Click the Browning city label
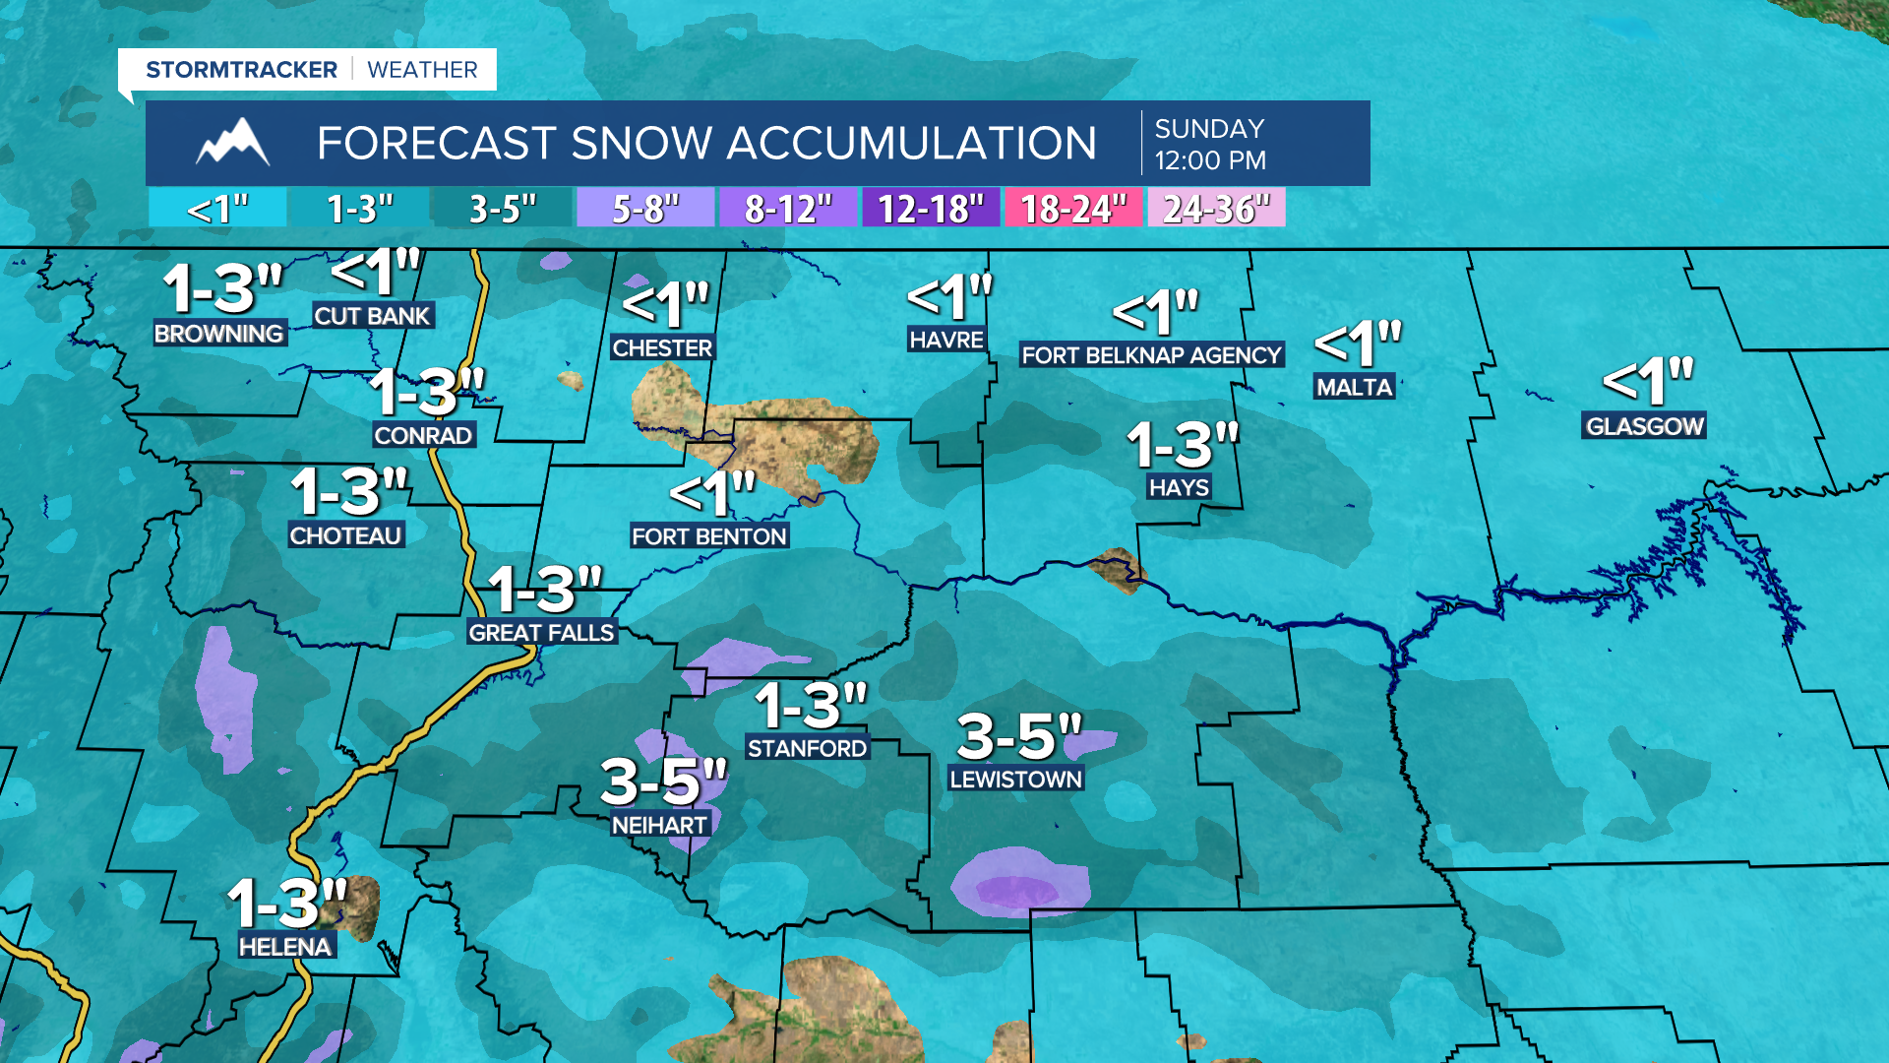pos(218,334)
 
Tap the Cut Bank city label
pos(372,316)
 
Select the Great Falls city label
pos(541,633)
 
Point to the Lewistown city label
pos(1015,780)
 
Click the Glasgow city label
pos(1644,426)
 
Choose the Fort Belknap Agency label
pos(1151,355)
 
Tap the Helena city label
pos(285,947)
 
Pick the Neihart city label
pos(659,825)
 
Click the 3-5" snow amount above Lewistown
pos(1018,736)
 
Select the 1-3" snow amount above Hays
pos(1182,445)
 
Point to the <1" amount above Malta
pos(1358,344)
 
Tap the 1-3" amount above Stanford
pos(811,706)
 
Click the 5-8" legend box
pos(645,209)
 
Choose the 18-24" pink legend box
pos(1072,209)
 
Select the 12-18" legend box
pos(930,209)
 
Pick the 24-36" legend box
pos(1216,209)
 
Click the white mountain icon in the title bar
pos(233,143)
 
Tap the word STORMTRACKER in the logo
pos(241,70)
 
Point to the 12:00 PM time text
pos(1210,160)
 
